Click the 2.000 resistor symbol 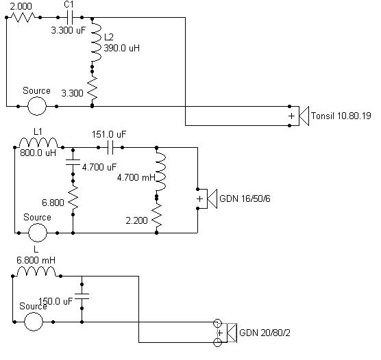pos(23,17)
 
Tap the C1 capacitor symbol pos(70,17)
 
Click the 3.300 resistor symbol pos(93,88)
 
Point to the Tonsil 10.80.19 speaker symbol pos(304,116)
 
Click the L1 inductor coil pos(38,143)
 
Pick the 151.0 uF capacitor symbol pos(110,147)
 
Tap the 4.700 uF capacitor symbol pos(73,162)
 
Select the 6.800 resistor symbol pos(73,198)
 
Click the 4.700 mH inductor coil pos(160,171)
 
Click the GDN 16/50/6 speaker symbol pos(212,198)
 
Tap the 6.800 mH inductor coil pos(36,272)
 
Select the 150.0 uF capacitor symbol pos(82,296)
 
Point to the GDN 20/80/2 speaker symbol pos(232,333)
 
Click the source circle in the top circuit pos(37,106)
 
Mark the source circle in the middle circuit pos(38,233)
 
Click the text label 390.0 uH pos(122,48)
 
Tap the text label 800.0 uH pos(38,153)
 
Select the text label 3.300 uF pos(69,30)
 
